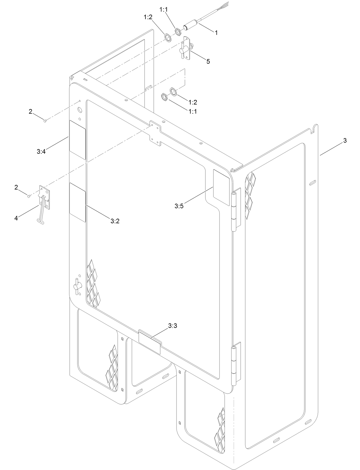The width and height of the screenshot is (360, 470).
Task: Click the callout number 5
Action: click(x=208, y=61)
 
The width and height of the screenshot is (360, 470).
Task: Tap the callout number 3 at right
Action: click(x=345, y=141)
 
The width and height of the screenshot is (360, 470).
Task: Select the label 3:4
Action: click(x=41, y=152)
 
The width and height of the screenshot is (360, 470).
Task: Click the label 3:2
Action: click(x=115, y=221)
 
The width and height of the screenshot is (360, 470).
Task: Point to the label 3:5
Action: click(x=179, y=206)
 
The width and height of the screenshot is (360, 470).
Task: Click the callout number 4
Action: click(x=16, y=218)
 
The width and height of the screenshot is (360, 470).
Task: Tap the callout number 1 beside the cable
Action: click(x=216, y=33)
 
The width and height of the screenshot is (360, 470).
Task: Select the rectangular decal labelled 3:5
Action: click(x=221, y=187)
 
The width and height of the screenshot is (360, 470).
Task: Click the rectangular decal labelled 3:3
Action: click(x=149, y=342)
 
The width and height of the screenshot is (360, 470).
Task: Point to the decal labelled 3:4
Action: click(x=77, y=140)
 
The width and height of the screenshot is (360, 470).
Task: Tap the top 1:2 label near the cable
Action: click(x=148, y=17)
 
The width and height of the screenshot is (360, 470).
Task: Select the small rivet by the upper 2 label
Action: click(x=45, y=121)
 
